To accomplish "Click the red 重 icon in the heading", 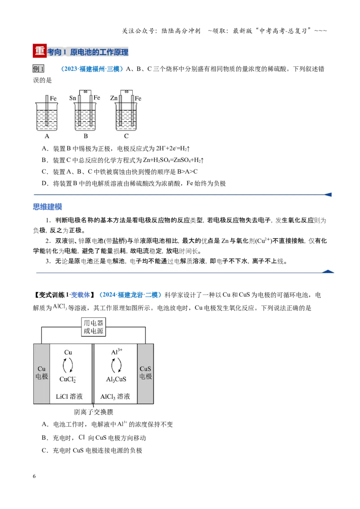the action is click(x=40, y=51).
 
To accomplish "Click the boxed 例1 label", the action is click(x=38, y=68).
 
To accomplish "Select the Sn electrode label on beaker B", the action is click(x=73, y=98).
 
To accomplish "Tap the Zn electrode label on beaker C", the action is click(x=114, y=98).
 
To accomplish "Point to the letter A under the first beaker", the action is click(x=47, y=136).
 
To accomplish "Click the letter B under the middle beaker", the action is click(x=86, y=136).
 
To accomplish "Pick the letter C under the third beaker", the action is click(x=126, y=136).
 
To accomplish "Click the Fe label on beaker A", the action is click(x=53, y=98).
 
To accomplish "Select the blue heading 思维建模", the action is click(x=47, y=207).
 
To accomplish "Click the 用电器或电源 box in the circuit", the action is click(x=94, y=327).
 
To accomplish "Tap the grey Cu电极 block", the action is click(x=41, y=374).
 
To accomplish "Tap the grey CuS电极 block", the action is click(x=145, y=374).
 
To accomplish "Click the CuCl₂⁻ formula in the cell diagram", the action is click(x=68, y=380).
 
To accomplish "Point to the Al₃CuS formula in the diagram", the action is click(x=116, y=380).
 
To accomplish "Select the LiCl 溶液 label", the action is click(x=69, y=396).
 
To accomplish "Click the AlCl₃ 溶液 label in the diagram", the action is click(x=115, y=396).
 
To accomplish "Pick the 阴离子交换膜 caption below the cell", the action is click(x=94, y=412).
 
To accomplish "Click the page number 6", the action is click(x=35, y=476).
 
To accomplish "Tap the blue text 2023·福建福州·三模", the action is click(x=92, y=69).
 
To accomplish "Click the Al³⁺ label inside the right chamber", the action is click(x=117, y=352).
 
